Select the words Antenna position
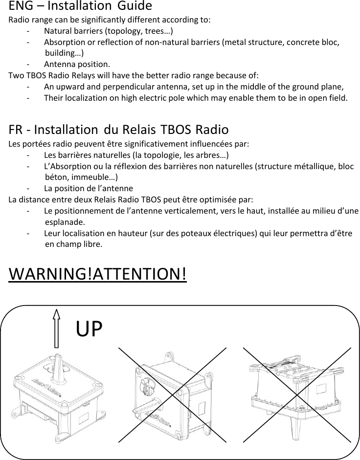click(x=77, y=65)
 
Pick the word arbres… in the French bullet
click(x=218, y=156)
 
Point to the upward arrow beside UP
click(x=56, y=328)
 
